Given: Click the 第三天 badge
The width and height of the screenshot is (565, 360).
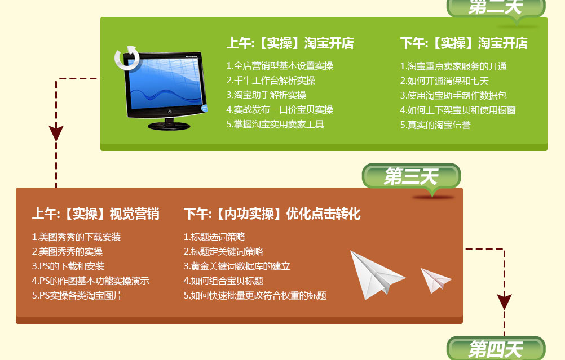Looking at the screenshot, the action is click(411, 176).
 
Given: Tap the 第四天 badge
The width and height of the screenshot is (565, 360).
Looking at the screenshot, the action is click(496, 349).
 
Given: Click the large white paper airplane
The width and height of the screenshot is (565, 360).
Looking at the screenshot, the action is click(377, 275).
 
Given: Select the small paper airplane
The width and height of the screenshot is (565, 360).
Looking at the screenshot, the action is click(435, 280).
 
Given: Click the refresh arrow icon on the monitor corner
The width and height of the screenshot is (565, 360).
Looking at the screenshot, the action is click(127, 57).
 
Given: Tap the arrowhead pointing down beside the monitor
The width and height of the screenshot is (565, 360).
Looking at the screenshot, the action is click(56, 133).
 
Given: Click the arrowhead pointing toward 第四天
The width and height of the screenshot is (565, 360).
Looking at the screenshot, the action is click(505, 301).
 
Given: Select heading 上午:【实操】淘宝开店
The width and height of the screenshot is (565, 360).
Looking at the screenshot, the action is click(290, 43).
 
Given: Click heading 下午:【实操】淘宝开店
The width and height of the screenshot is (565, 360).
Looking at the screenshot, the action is click(464, 43).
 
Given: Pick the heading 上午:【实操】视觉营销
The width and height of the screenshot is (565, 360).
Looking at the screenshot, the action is click(95, 214).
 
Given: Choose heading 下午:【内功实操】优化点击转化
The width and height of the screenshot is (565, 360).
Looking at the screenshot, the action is click(272, 214).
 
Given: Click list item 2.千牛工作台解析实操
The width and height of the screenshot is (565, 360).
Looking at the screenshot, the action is click(271, 80).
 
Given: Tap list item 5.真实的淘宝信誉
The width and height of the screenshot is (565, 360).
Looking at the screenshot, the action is click(435, 125).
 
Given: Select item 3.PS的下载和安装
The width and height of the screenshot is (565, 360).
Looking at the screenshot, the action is click(68, 266).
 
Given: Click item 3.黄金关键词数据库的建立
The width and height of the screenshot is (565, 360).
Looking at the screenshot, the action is click(237, 266).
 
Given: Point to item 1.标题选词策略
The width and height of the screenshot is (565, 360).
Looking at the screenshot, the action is click(214, 237).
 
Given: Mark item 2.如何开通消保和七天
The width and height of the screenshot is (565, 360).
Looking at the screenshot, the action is click(444, 81).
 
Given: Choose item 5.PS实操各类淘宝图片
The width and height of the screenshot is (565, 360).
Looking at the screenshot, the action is click(77, 296).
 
